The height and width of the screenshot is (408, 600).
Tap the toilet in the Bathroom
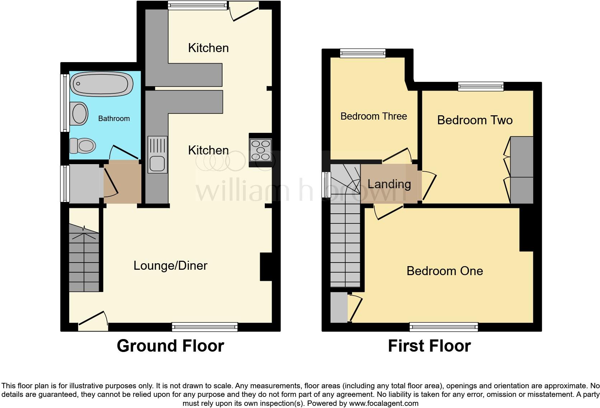point(83,146)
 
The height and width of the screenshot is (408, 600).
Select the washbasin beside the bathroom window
point(79,113)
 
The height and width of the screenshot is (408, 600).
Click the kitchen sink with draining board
point(158,154)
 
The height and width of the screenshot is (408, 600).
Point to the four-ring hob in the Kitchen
point(261,150)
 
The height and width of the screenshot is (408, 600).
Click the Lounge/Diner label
point(170,266)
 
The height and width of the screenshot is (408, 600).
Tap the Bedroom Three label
point(374,116)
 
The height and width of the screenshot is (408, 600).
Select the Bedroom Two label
point(474,120)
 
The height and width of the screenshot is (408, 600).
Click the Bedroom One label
point(445,271)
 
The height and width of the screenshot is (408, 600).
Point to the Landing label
point(389,184)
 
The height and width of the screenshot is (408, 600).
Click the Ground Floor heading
point(170,346)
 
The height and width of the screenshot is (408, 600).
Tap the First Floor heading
point(429,346)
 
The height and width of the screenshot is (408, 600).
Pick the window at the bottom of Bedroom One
point(444,327)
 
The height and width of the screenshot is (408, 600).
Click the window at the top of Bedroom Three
point(363,53)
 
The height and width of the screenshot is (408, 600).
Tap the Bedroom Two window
point(481,86)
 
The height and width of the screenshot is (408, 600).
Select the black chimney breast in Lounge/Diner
point(266,266)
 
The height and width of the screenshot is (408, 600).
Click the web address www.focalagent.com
point(383,403)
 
